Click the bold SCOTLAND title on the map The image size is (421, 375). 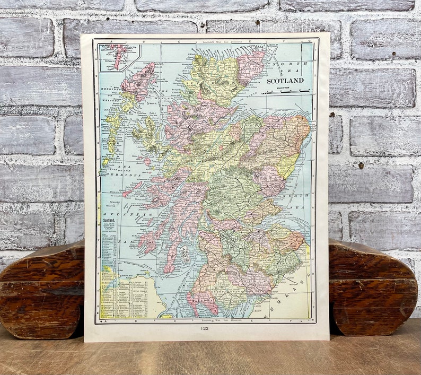(x=285, y=81)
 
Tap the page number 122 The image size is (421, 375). (x=205, y=328)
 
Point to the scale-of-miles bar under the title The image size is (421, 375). (x=285, y=92)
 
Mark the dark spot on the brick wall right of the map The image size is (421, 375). (x=361, y=165)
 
